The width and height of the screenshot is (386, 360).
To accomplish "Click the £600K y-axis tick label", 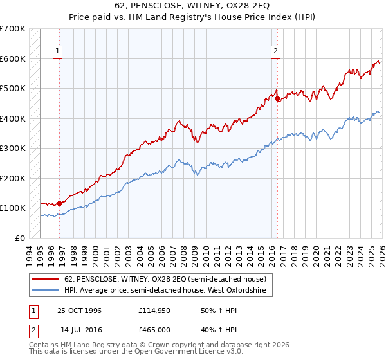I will pyautogui.click(x=12, y=59).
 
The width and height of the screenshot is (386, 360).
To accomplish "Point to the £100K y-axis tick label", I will pyautogui.click(x=12, y=208).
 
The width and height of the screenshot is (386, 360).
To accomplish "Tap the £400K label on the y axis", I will pyautogui.click(x=12, y=118).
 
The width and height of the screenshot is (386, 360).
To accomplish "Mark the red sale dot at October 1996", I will pyautogui.click(x=60, y=203).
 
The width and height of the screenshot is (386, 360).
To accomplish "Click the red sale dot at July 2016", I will pyautogui.click(x=277, y=99).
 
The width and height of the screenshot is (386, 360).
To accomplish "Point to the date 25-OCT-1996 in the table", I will pyautogui.click(x=79, y=310).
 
